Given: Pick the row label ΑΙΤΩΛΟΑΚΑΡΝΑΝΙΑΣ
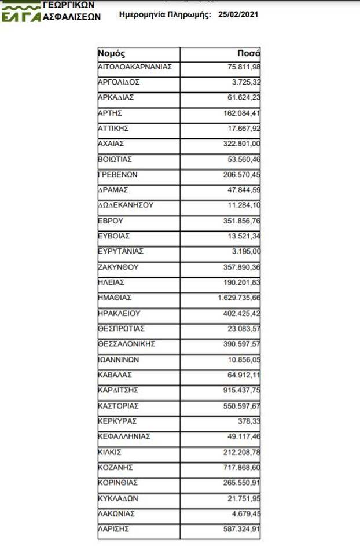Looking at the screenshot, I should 135,67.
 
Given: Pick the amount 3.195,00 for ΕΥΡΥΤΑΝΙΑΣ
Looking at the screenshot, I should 245,251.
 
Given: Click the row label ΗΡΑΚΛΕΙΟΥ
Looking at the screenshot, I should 120,313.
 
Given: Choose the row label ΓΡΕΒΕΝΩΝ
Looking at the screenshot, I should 117,174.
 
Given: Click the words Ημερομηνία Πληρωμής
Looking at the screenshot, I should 164,15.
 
